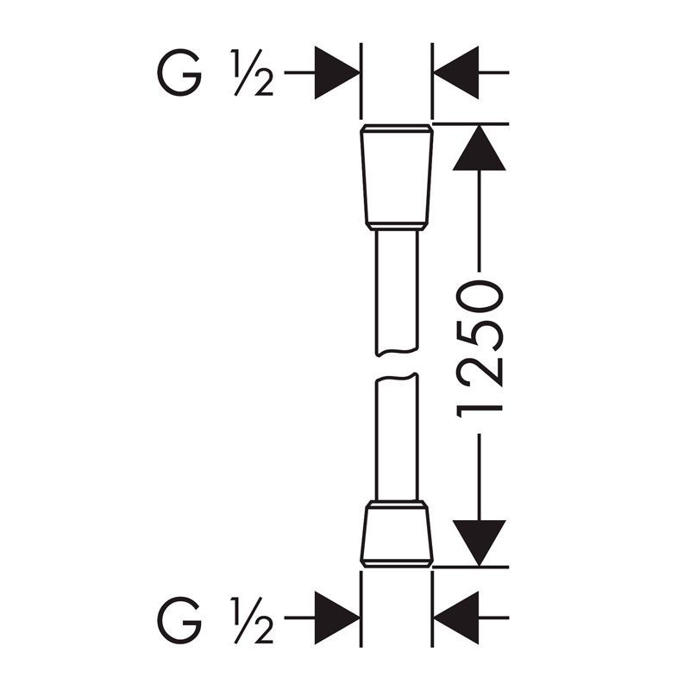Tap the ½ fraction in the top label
[252, 72]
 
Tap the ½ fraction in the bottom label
[252, 620]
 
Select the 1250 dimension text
[480, 349]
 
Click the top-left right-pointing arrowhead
[337, 72]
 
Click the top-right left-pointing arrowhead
[456, 72]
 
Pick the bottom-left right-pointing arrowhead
[337, 618]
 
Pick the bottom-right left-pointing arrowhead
[456, 618]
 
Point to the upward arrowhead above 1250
[480, 147]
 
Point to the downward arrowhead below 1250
[480, 543]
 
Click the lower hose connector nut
[397, 534]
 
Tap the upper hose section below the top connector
[397, 292]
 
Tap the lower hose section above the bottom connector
[397, 437]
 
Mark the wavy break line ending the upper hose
[397, 352]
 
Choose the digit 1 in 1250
[480, 408]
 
